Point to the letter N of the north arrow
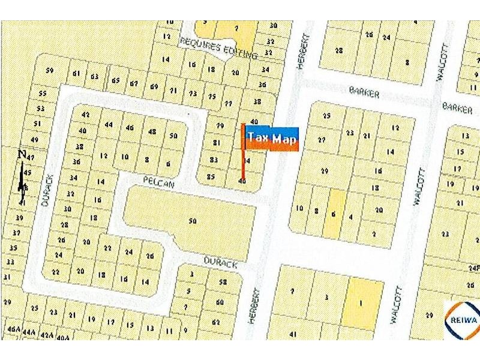tap(22, 154)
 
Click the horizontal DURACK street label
tap(220, 264)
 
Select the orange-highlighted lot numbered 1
tap(361, 303)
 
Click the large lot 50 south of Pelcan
tap(193, 221)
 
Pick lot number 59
tap(49, 71)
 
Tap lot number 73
tap(193, 94)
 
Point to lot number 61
tap(76, 74)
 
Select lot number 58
tap(223, 282)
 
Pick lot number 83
tap(214, 159)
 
